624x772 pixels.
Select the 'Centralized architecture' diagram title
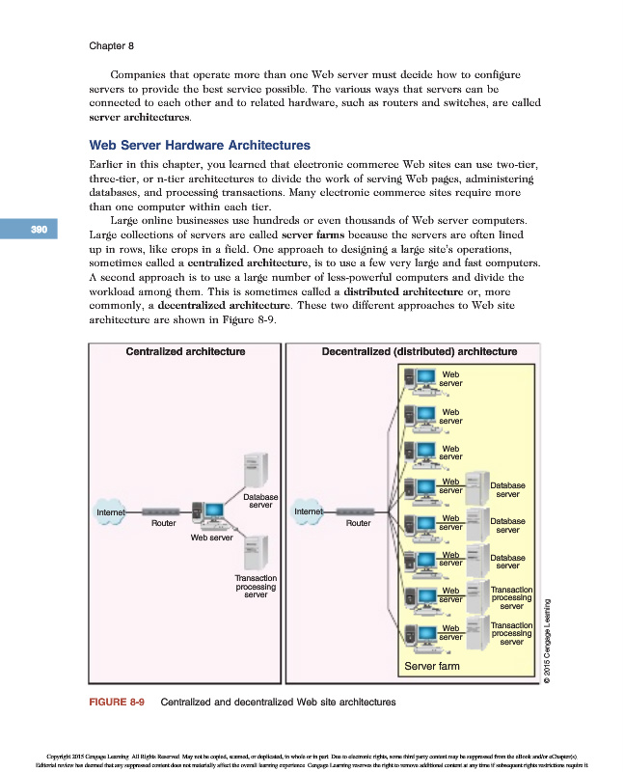185,351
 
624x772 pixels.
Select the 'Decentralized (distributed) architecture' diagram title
419,351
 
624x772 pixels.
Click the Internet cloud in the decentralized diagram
310,510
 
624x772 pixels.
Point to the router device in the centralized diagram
163,511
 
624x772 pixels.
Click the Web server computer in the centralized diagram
210,515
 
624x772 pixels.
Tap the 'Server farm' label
431,666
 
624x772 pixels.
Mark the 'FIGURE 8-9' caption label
117,703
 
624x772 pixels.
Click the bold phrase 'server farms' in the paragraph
312,234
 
